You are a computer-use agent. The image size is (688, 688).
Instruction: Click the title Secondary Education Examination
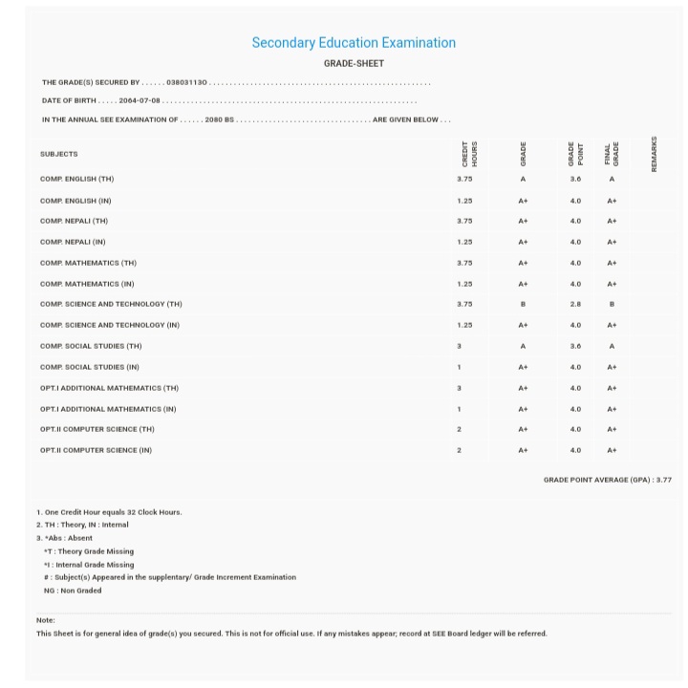pyautogui.click(x=354, y=43)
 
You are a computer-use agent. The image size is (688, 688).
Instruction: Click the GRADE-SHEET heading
pyautogui.click(x=354, y=64)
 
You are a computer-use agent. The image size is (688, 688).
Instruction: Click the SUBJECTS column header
pyautogui.click(x=59, y=154)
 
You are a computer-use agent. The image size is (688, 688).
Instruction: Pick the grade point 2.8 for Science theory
pyautogui.click(x=575, y=304)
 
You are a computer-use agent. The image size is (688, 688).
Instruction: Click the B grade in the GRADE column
pyautogui.click(x=523, y=304)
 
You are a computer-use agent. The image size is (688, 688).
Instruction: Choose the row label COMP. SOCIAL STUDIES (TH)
pyautogui.click(x=91, y=346)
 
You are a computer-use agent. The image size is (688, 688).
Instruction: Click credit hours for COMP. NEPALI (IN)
pyautogui.click(x=464, y=242)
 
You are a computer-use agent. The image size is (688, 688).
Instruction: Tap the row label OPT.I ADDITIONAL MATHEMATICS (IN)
pyautogui.click(x=108, y=409)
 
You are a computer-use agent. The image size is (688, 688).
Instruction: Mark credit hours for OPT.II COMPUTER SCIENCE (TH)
pyautogui.click(x=460, y=429)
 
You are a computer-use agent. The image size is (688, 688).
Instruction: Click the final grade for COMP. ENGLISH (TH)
pyautogui.click(x=612, y=179)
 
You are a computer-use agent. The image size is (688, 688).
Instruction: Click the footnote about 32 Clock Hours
pyautogui.click(x=109, y=512)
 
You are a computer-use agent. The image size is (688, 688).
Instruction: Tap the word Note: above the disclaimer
pyautogui.click(x=46, y=620)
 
